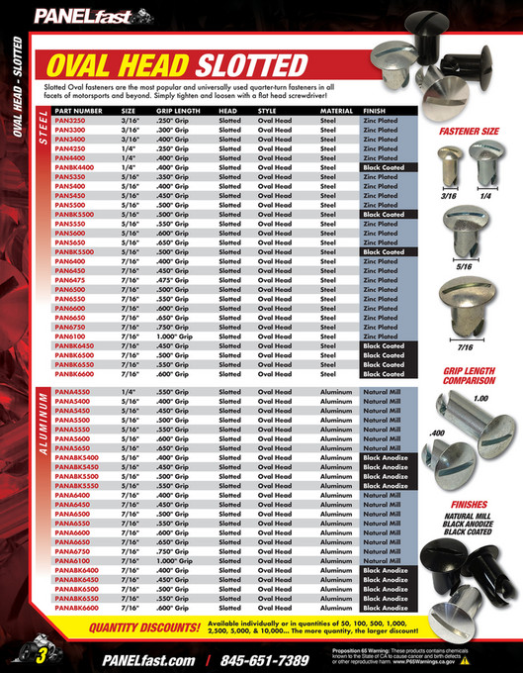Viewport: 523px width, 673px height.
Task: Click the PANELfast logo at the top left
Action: click(x=74, y=16)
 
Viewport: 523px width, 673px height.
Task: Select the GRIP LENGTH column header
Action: click(x=175, y=112)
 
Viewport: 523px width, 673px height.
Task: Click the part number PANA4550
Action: click(x=72, y=393)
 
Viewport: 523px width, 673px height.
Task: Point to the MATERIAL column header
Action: click(x=336, y=112)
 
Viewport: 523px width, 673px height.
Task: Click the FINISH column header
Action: click(x=374, y=112)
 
